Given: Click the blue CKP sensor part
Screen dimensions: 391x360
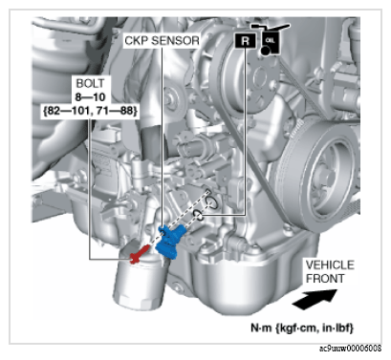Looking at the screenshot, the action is point(171,241).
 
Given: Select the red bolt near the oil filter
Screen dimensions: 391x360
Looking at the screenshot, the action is point(140,254).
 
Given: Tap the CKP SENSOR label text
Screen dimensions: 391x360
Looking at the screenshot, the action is point(162,41).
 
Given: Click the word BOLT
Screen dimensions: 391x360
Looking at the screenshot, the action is point(90,83).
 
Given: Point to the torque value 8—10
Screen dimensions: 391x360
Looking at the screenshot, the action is point(90,96).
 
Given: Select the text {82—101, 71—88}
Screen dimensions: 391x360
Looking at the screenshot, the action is point(90,111).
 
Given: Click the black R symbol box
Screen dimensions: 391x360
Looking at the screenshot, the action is point(245,40).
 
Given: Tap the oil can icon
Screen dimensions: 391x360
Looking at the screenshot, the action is point(271,39).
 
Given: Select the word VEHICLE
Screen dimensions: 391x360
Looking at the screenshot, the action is point(330,265).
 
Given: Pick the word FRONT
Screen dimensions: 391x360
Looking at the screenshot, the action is point(325,279).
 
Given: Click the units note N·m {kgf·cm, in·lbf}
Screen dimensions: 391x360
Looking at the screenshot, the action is point(302,328).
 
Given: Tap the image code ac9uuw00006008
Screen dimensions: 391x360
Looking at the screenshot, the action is point(350,349).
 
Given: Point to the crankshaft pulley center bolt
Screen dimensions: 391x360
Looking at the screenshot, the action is point(328,177).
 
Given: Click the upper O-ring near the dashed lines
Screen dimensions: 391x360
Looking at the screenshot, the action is point(211,202).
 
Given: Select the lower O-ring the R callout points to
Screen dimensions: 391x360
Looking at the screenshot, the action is point(198,215).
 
